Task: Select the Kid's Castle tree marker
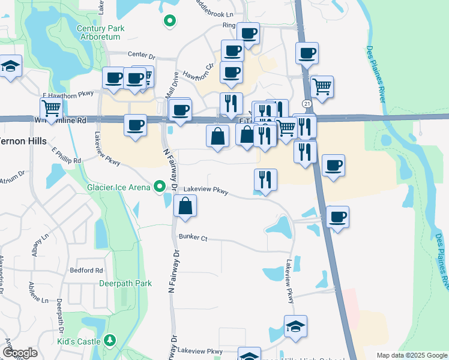click(110, 341)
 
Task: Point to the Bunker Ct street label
click(193, 238)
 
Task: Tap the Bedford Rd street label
click(86, 271)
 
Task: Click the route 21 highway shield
click(306, 104)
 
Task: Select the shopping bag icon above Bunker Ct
click(186, 207)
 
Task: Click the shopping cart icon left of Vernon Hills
click(52, 109)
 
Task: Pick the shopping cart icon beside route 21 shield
click(322, 86)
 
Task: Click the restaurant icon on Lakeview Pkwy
click(265, 179)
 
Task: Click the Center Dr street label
click(141, 56)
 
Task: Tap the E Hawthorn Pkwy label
click(68, 95)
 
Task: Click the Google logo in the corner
click(20, 353)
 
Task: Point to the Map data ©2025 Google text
click(411, 355)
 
